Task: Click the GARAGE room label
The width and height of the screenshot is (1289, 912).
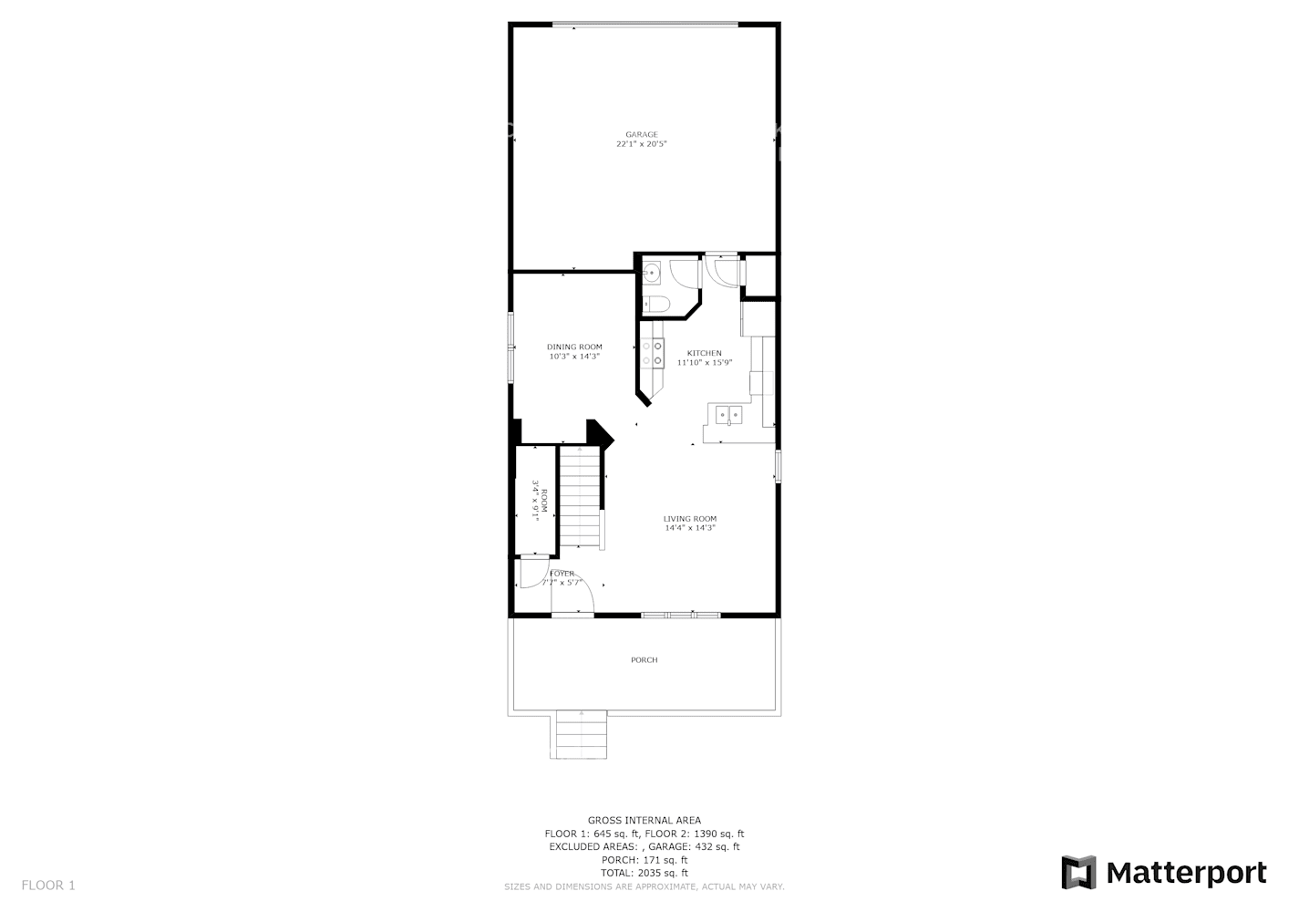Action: [641, 135]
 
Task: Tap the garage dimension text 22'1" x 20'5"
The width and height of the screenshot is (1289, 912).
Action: [641, 144]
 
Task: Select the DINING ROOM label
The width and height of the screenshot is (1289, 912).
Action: [574, 347]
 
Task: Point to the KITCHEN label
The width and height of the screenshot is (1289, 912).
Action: [704, 353]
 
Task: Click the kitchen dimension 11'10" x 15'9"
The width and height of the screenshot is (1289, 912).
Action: [704, 362]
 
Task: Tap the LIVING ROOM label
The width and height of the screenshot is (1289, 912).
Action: [690, 519]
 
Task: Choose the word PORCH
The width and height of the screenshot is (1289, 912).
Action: [644, 659]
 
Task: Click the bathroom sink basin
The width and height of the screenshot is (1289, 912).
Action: [652, 272]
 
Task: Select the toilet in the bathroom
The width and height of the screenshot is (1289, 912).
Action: [655, 304]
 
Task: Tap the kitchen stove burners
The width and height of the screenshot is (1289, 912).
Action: [653, 354]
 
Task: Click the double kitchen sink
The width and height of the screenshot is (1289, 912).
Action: [729, 416]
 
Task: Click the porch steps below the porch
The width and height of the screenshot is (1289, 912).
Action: [580, 733]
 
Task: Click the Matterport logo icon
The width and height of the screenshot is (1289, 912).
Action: [1079, 873]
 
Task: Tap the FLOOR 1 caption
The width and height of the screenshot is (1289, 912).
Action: [48, 885]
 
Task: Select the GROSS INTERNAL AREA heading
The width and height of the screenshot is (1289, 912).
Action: [644, 821]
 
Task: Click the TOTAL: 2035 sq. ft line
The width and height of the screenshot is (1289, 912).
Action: [644, 873]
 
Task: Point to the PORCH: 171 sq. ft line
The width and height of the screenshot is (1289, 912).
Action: [644, 860]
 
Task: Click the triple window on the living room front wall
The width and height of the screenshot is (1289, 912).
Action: [681, 616]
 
